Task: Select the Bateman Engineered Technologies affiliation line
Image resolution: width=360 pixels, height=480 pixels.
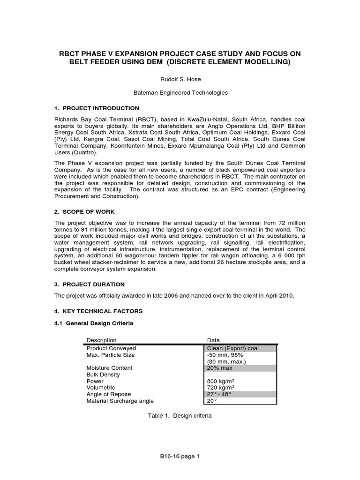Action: (x=180, y=93)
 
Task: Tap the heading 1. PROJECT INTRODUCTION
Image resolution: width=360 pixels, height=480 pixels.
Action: (x=97, y=108)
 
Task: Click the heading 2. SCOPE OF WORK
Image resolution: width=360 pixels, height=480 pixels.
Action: (x=84, y=211)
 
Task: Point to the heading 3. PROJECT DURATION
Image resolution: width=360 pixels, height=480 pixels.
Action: (x=90, y=284)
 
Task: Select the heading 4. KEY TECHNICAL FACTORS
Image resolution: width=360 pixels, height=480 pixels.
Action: (x=98, y=311)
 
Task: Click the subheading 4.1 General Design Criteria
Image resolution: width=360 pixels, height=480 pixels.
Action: (x=93, y=323)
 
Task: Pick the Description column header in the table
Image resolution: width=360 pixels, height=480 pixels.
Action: (x=101, y=340)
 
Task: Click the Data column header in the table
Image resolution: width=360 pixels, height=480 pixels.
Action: (x=213, y=340)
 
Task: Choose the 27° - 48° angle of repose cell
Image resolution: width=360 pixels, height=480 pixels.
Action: (x=220, y=394)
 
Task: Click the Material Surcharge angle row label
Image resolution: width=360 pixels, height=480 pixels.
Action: (x=120, y=401)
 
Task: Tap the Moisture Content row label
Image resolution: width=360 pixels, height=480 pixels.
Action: (x=109, y=368)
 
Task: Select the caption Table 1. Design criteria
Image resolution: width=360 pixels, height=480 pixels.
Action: (x=180, y=416)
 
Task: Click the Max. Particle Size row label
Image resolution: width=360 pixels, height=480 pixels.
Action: (x=111, y=355)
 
